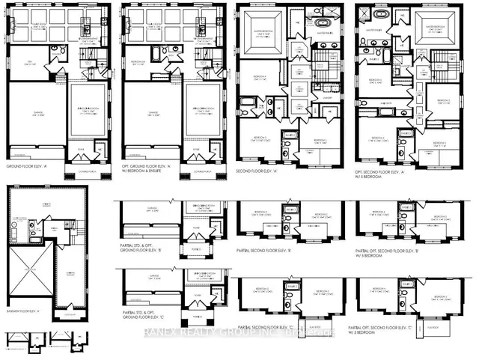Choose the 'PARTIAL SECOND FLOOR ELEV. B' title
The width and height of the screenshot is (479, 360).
click(266, 250)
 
